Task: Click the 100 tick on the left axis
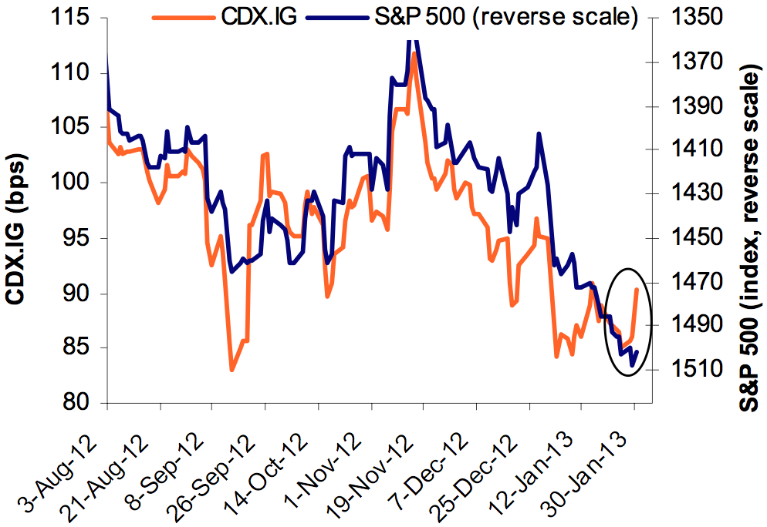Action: click(76, 183)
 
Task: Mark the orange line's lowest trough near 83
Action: click(231, 371)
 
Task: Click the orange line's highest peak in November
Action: click(414, 53)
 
